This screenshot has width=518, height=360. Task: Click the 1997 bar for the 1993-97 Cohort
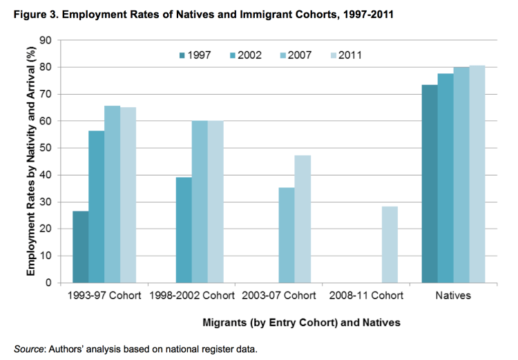tap(80, 247)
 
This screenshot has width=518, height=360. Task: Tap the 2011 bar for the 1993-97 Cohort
tap(128, 195)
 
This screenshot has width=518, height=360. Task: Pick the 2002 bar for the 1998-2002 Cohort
tap(183, 230)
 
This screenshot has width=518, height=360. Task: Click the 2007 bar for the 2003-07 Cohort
tap(286, 235)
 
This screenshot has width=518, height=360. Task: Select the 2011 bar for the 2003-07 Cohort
tap(303, 219)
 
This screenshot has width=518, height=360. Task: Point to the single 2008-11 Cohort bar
tap(389, 245)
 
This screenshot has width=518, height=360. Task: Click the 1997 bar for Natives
tap(429, 184)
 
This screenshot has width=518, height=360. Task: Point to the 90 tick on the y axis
tap(47, 40)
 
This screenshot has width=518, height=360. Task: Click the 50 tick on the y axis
tap(47, 148)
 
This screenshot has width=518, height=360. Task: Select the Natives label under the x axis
tap(453, 296)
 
